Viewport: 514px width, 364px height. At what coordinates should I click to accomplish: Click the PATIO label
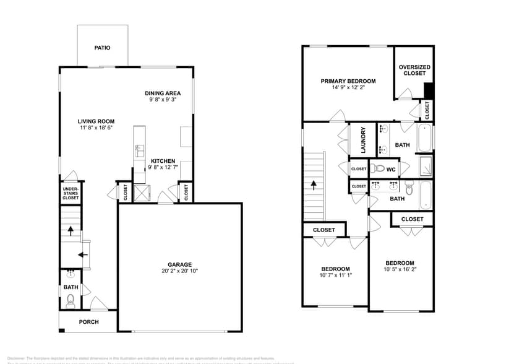pyautogui.click(x=102, y=47)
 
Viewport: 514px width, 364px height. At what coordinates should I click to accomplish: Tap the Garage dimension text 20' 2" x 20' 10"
pyautogui.click(x=179, y=271)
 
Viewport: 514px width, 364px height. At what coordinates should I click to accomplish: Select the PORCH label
pyautogui.click(x=88, y=322)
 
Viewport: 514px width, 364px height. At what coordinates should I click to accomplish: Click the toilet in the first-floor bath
pyautogui.click(x=71, y=301)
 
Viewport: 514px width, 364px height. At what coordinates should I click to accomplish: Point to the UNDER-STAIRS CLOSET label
pyautogui.click(x=71, y=193)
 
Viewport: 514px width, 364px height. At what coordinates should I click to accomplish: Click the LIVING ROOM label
pyautogui.click(x=96, y=121)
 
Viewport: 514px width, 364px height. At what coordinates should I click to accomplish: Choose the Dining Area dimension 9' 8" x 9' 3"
pyautogui.click(x=163, y=100)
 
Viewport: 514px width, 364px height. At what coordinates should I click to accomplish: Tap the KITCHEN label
pyautogui.click(x=163, y=161)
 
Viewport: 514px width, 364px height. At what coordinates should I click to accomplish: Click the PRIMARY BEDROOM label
pyautogui.click(x=348, y=80)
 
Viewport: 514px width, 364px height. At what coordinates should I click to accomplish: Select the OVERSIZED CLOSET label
pyautogui.click(x=414, y=70)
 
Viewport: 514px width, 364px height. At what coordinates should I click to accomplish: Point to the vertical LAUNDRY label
pyautogui.click(x=363, y=140)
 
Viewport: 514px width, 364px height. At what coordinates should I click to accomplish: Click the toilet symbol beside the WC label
pyautogui.click(x=378, y=168)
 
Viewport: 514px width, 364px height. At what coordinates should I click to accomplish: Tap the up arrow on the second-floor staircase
pyautogui.click(x=314, y=184)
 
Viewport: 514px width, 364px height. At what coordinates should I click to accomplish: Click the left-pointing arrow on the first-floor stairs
pyautogui.click(x=83, y=254)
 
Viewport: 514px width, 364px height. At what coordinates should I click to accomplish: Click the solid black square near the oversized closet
pyautogui.click(x=427, y=90)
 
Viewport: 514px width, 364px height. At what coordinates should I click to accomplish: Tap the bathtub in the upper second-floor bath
pyautogui.click(x=425, y=138)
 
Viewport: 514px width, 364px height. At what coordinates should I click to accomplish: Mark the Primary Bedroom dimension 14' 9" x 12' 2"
pyautogui.click(x=348, y=87)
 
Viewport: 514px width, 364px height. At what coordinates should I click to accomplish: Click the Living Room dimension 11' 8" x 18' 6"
pyautogui.click(x=96, y=128)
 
